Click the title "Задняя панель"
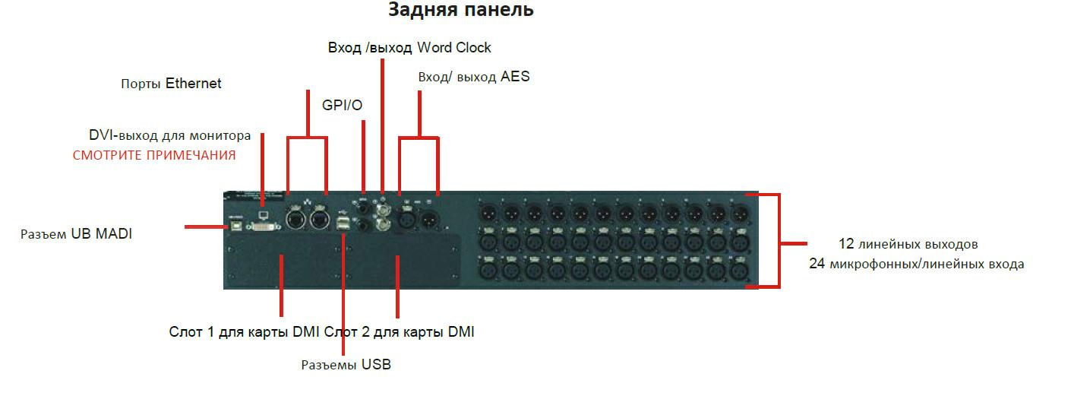pos(460,10)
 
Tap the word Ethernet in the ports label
pos(193,84)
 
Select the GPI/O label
pos(342,105)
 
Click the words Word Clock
pos(453,47)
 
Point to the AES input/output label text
pos(474,77)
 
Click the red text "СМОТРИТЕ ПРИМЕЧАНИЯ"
pos(154,155)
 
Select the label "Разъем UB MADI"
pos(76,234)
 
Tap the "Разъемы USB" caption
pos(346,364)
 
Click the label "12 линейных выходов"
pos(908,244)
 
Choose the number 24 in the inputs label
pos(817,264)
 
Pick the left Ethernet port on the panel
pos(296,220)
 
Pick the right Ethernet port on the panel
pos(319,220)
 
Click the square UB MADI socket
pos(235,226)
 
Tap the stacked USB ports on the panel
pos(343,223)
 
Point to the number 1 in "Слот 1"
pos(210,332)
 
